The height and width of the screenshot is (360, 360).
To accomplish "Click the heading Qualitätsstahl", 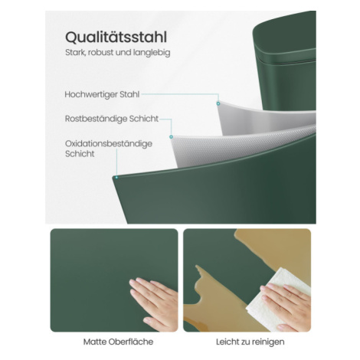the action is click(x=116, y=38).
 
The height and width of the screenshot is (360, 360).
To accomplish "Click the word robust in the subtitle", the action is click(x=101, y=53).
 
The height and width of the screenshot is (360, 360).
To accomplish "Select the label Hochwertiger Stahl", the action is click(x=102, y=94).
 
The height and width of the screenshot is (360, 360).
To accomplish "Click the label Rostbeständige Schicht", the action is click(x=112, y=119).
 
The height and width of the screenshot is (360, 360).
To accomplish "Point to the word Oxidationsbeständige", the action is click(x=109, y=144).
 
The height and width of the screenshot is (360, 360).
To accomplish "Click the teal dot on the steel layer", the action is click(x=218, y=103).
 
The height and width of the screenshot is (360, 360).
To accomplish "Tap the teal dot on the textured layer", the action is click(x=171, y=137).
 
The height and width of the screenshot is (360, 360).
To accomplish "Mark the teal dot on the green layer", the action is click(x=116, y=178).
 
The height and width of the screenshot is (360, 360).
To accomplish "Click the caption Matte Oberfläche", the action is click(x=118, y=342).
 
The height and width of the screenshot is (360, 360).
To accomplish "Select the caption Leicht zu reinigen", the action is click(x=250, y=342).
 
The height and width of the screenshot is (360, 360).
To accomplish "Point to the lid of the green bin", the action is click(x=284, y=37).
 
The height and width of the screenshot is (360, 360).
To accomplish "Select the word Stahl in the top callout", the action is click(x=129, y=94).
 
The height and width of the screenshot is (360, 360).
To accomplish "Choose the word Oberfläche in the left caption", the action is click(x=131, y=342).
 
